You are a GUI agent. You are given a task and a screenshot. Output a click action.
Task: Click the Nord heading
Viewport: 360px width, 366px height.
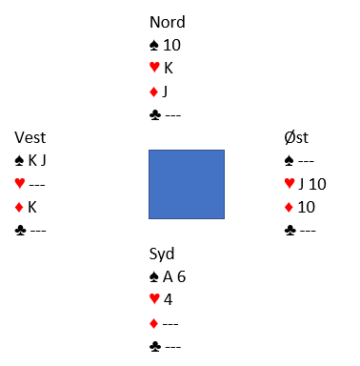click(x=168, y=22)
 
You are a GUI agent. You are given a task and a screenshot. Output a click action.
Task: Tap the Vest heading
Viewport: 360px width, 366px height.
click(x=30, y=137)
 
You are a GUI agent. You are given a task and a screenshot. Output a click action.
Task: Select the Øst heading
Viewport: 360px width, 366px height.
click(x=296, y=137)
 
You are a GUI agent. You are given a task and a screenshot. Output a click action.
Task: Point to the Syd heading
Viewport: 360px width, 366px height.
click(x=162, y=254)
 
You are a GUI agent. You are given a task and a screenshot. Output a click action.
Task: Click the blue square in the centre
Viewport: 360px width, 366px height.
click(x=187, y=184)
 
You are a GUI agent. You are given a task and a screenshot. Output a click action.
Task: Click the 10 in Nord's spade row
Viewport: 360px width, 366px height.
click(x=171, y=45)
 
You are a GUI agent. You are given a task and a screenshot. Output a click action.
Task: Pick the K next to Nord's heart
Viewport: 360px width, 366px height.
click(x=169, y=68)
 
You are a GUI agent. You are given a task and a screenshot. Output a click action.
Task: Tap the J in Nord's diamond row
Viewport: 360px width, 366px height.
click(x=165, y=91)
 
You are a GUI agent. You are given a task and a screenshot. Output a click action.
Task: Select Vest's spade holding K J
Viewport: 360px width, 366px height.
click(x=37, y=160)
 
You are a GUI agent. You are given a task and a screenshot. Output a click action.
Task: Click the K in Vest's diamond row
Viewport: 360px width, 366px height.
click(x=32, y=207)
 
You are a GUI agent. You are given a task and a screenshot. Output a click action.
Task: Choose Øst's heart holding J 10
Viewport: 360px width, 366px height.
click(x=312, y=184)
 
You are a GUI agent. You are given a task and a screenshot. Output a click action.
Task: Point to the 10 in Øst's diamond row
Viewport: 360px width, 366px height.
click(x=307, y=207)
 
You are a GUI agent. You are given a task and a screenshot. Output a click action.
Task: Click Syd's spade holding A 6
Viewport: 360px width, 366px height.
click(x=174, y=276)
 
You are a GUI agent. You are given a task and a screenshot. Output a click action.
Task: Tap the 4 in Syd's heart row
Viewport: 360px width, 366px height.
click(x=168, y=299)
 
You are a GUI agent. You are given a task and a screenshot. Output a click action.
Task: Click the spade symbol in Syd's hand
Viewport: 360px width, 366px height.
click(x=154, y=277)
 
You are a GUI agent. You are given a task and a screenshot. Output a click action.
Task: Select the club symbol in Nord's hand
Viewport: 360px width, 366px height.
click(x=155, y=115)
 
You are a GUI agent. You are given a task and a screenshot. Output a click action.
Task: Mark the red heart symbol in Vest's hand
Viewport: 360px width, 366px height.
click(x=20, y=184)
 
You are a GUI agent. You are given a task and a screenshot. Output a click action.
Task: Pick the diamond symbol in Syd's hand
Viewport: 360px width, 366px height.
click(x=153, y=324)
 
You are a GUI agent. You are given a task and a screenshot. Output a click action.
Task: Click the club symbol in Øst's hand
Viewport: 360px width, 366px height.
click(x=290, y=231)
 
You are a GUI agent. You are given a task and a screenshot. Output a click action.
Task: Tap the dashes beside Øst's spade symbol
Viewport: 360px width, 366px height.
click(x=306, y=161)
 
